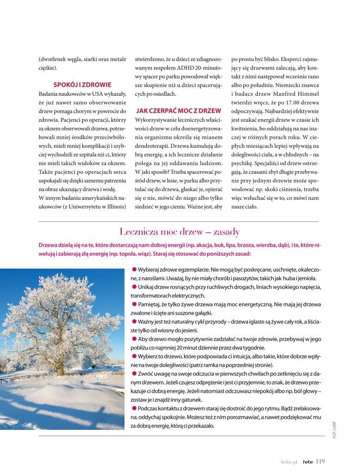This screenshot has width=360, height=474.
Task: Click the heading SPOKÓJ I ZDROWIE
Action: pos(82,85)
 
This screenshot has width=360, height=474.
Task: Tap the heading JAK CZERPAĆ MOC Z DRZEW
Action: pos(178,111)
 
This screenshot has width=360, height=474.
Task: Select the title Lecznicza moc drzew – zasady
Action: pos(179,231)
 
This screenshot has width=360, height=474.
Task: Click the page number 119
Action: pos(320,461)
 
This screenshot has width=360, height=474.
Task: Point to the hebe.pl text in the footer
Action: pos(290,462)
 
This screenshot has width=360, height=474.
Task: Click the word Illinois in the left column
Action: pos(115,207)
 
